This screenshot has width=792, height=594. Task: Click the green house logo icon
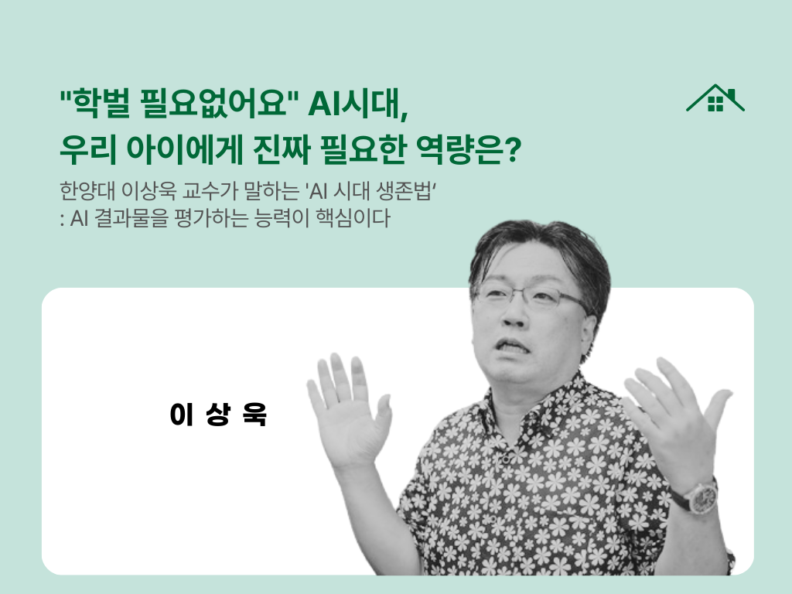pos(715,98)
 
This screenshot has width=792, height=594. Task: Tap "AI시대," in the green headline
pos(357,102)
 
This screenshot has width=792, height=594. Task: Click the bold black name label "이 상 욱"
pos(217,415)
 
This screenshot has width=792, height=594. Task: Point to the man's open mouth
pos(516,345)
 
